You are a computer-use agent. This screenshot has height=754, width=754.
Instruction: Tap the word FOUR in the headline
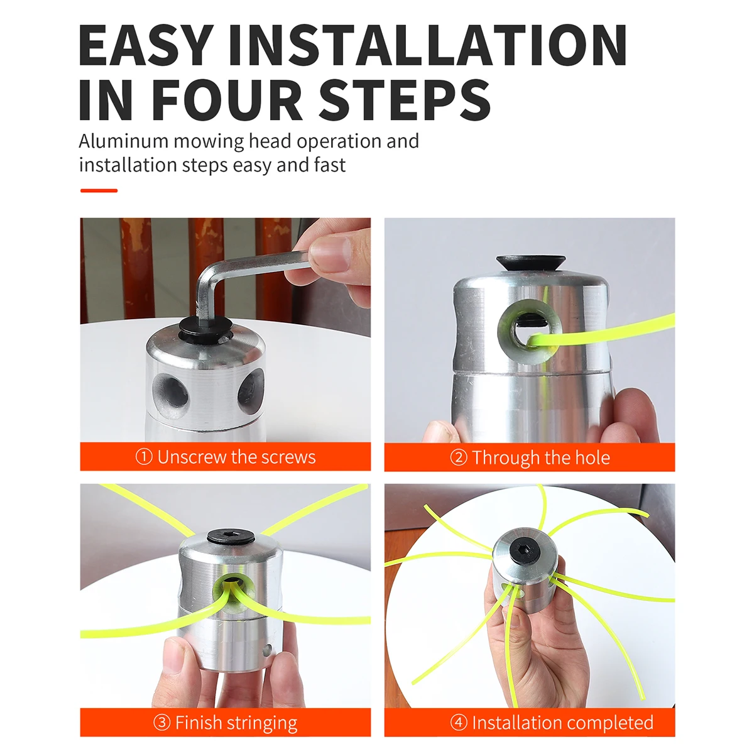227,99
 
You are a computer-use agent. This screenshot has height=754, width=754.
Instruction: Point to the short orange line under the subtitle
99,190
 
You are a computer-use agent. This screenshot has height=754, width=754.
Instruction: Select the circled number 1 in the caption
144,457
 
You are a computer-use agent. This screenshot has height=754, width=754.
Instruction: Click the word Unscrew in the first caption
192,457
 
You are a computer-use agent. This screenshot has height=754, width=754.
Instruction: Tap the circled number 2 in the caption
459,457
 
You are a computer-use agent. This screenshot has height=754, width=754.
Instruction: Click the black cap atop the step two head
531,263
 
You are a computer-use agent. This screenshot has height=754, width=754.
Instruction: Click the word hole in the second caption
591,457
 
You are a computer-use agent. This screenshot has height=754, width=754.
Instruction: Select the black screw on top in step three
231,537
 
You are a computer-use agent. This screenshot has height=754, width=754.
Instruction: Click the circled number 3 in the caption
161,723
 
